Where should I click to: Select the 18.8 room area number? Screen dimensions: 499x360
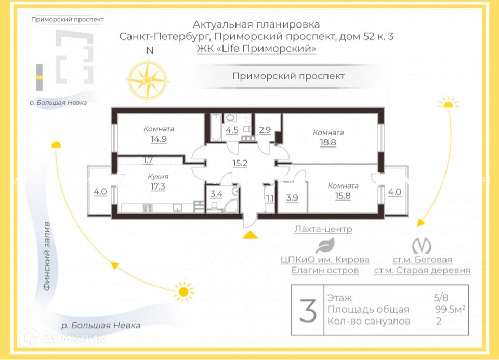click(x=327, y=142)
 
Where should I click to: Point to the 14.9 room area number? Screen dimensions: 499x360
click(x=158, y=139)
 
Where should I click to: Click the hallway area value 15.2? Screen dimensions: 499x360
click(x=240, y=163)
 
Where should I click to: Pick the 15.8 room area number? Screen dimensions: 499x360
click(x=343, y=195)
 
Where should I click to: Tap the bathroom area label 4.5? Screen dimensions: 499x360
click(x=232, y=130)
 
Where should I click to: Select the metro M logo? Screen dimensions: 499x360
click(x=422, y=244)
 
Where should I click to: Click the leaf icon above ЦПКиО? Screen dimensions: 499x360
click(x=325, y=245)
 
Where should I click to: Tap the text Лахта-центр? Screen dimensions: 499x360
click(x=323, y=229)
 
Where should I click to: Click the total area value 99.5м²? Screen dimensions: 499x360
click(x=450, y=310)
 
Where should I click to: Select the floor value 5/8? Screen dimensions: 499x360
click(x=441, y=298)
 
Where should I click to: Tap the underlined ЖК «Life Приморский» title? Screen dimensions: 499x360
click(x=256, y=49)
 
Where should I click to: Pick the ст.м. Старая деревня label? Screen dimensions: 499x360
click(x=422, y=270)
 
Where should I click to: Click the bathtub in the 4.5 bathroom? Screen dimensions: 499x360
click(x=215, y=128)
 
